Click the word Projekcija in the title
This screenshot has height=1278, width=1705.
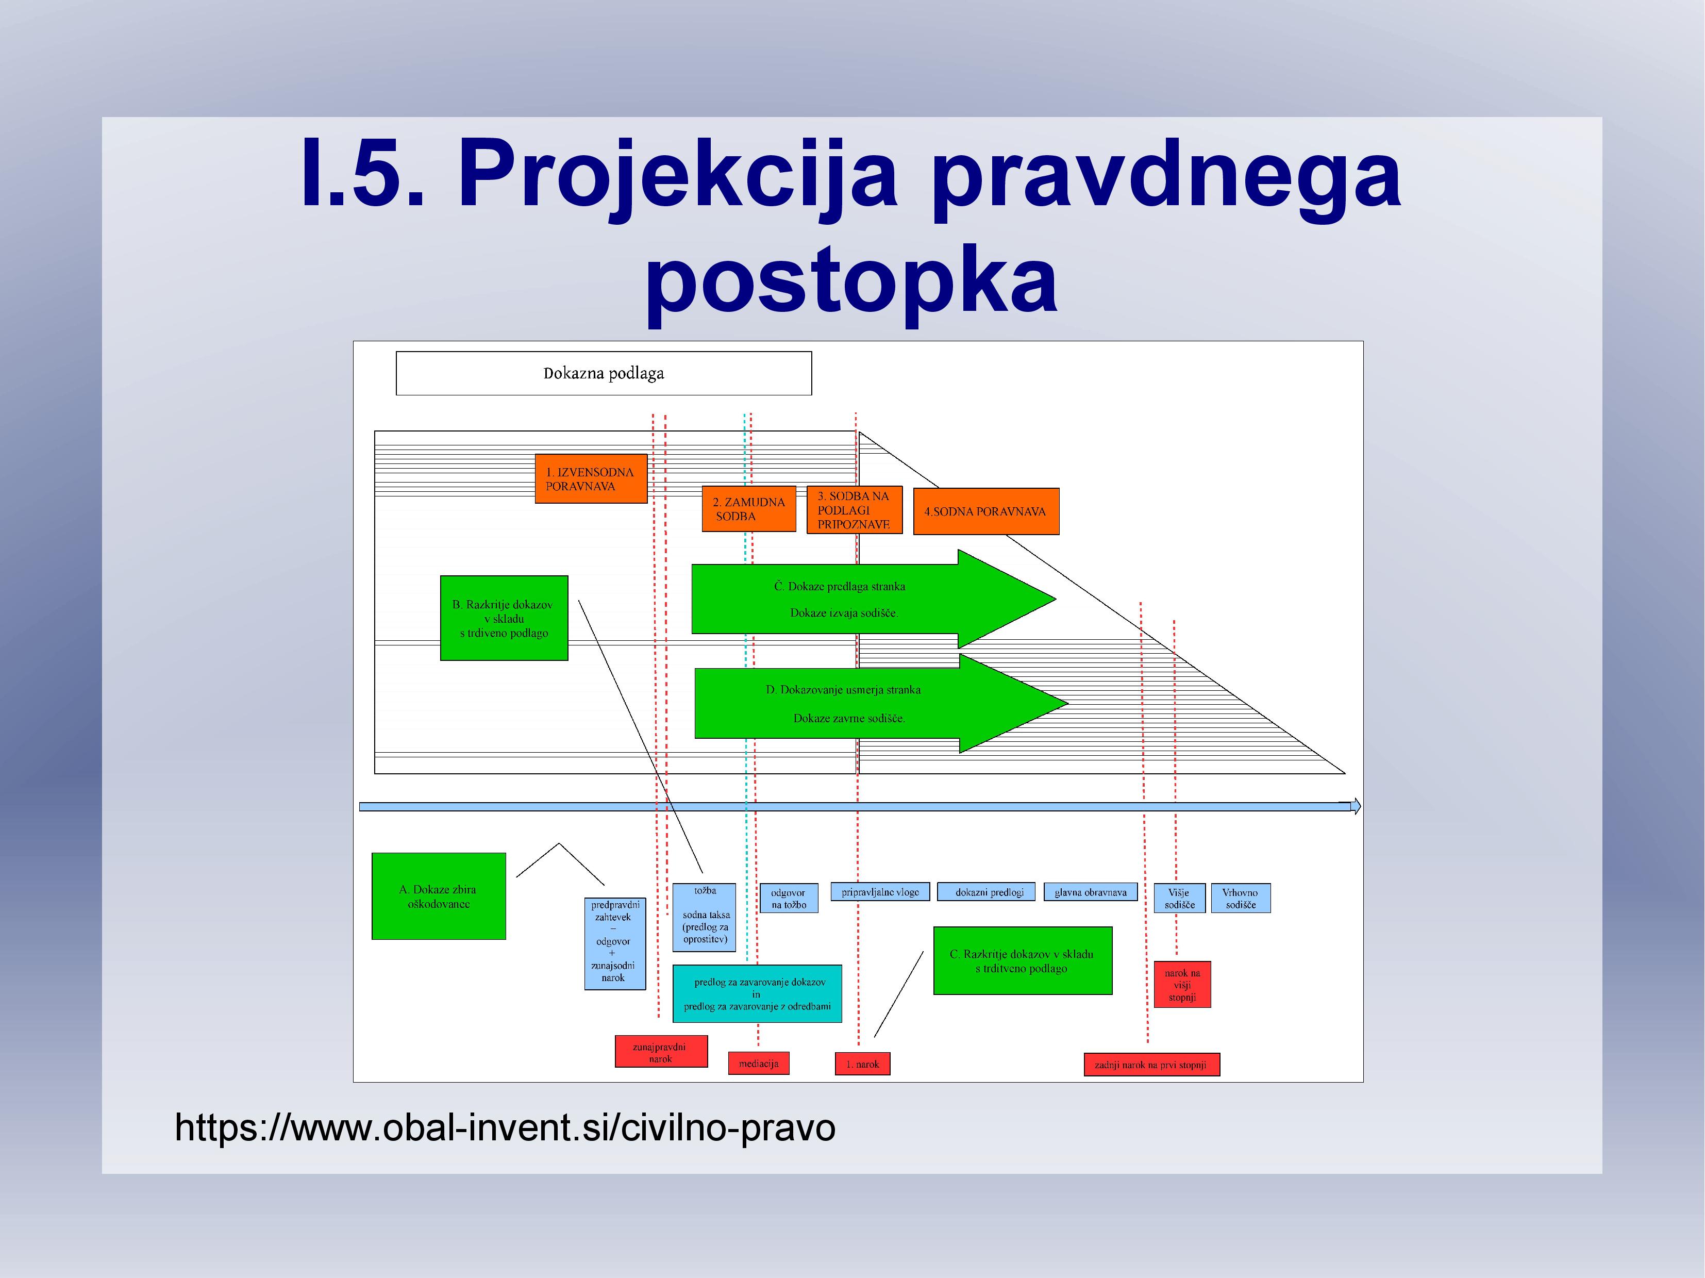click(x=678, y=176)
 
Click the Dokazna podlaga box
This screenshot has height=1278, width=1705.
click(x=604, y=373)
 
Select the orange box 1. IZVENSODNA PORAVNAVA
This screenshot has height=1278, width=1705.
click(x=591, y=479)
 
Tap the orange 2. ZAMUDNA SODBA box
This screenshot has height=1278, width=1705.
click(x=748, y=509)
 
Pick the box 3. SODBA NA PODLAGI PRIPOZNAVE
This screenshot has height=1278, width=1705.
click(x=854, y=509)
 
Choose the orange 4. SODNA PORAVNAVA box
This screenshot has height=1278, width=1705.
click(x=986, y=511)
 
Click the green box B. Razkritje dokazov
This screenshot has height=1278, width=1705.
click(x=504, y=618)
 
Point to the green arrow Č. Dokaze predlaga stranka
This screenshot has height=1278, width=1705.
click(x=873, y=599)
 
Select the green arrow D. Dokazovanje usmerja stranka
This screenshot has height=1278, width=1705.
click(x=881, y=703)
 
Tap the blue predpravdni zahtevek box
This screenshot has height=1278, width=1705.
click(x=614, y=943)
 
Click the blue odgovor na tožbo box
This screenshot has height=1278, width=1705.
click(x=789, y=898)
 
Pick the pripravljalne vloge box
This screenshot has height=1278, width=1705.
click(x=880, y=892)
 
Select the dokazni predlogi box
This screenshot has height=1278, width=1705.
click(x=990, y=892)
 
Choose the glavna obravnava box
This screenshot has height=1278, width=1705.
click(x=1091, y=892)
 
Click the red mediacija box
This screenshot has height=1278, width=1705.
click(x=759, y=1064)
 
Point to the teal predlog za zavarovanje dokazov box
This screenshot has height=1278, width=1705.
click(x=757, y=993)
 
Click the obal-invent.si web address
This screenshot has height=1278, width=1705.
click(x=505, y=1127)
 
